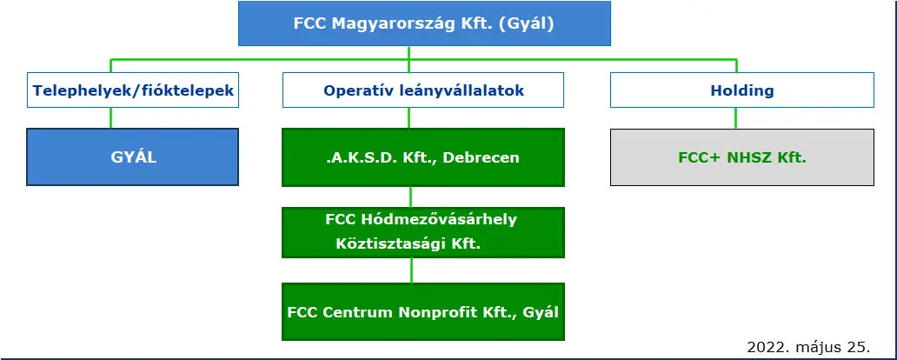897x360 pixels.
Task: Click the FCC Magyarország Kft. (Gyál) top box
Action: [x=424, y=23]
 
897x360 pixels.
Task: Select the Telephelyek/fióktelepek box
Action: [x=133, y=90]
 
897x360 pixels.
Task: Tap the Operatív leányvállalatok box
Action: [x=423, y=90]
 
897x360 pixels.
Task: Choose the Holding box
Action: [x=742, y=90]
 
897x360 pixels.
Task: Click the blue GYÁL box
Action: [x=133, y=157]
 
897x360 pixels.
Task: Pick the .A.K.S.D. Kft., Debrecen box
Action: [x=423, y=157]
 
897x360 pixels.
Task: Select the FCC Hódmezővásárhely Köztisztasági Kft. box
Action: [x=423, y=232]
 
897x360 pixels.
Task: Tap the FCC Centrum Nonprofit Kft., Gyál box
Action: [x=423, y=312]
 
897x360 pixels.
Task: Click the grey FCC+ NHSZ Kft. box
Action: [x=742, y=157]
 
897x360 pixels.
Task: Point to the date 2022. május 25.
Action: [x=808, y=347]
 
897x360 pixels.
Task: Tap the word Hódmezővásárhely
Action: [x=439, y=219]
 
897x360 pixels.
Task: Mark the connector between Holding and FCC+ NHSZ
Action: [x=735, y=118]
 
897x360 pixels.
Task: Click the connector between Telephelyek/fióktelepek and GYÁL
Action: [x=111, y=118]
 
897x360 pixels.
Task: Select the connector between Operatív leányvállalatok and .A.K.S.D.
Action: [x=409, y=118]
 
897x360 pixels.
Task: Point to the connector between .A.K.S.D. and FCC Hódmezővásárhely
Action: [x=411, y=197]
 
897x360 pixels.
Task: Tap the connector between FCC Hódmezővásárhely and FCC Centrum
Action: [x=411, y=270]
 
